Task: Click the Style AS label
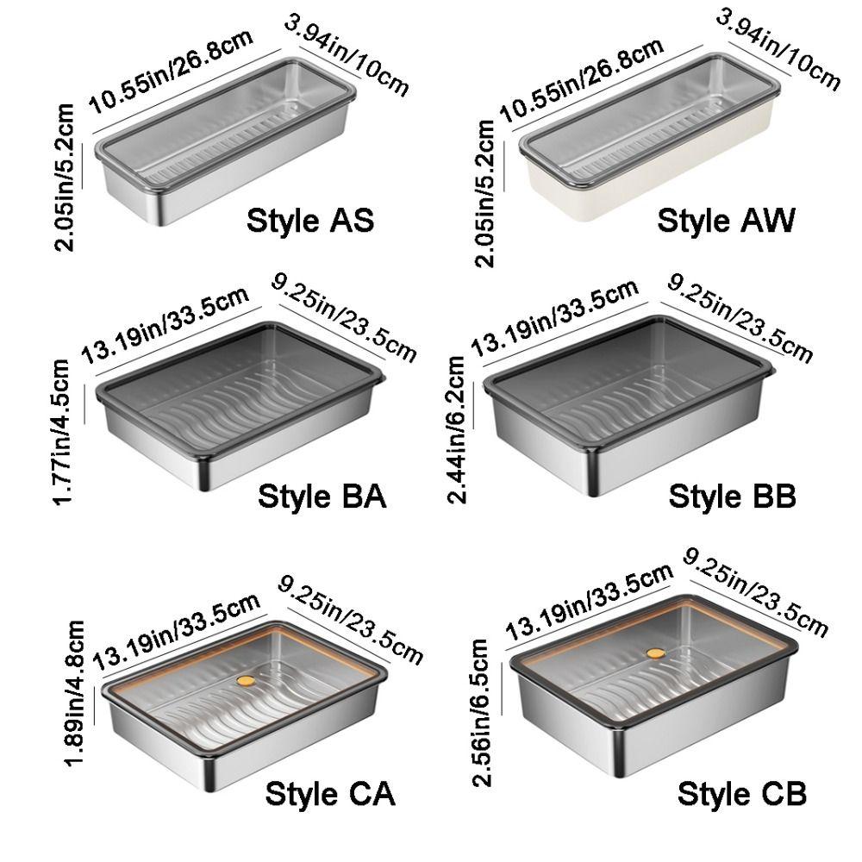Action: click(310, 221)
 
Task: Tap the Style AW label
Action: click(726, 221)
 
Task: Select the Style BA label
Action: click(322, 497)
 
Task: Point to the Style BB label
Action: click(732, 497)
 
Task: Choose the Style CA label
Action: click(330, 794)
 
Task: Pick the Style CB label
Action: click(742, 794)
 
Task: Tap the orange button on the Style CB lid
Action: click(655, 653)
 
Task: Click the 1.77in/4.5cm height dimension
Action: click(60, 431)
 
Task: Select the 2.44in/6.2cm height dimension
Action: click(457, 429)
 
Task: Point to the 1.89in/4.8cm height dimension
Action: click(74, 694)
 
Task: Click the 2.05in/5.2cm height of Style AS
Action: click(64, 177)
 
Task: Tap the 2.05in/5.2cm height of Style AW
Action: click(484, 193)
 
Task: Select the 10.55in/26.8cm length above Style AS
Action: click(171, 72)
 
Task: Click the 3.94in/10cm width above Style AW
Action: click(778, 49)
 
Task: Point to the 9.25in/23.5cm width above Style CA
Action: click(351, 619)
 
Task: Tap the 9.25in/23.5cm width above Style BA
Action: click(344, 318)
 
